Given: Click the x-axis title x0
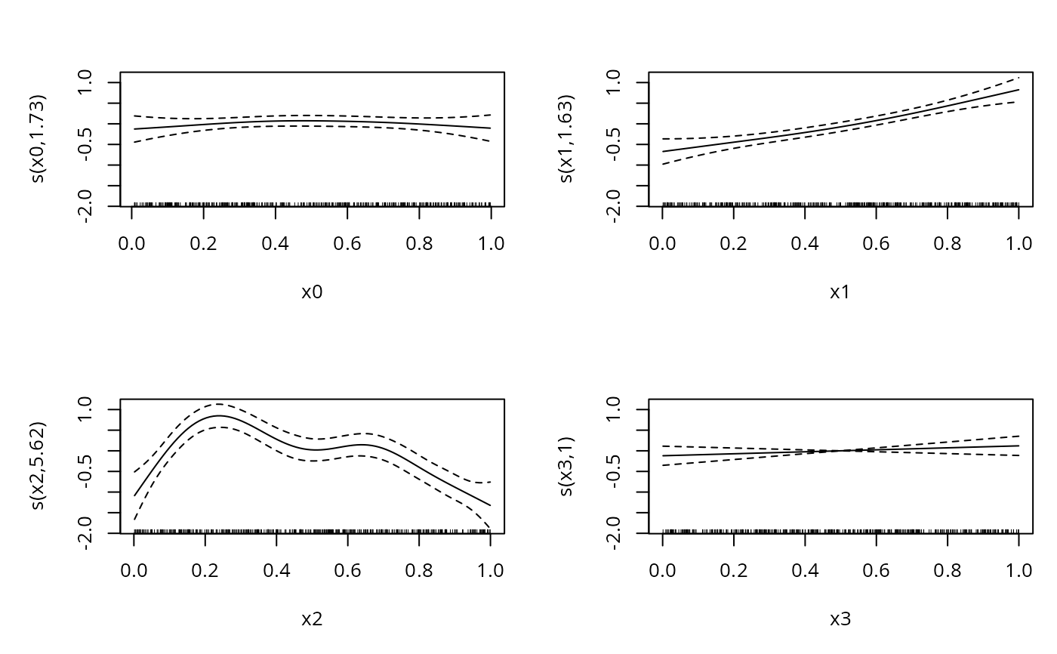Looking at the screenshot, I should click(312, 292).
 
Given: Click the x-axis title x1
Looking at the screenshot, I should click(840, 292).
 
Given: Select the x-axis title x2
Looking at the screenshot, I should click(312, 619).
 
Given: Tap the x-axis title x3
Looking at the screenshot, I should click(840, 619).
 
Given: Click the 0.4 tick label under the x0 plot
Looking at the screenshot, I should click(276, 242).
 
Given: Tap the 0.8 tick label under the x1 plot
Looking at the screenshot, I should click(948, 242).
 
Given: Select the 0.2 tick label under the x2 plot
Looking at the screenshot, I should click(205, 569).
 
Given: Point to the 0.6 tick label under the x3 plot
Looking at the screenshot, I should click(877, 569).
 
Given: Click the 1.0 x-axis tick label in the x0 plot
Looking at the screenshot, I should click(491, 242).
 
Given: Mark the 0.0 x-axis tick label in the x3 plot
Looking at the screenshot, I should click(662, 569).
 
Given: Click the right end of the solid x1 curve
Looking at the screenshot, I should click(1018, 89).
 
